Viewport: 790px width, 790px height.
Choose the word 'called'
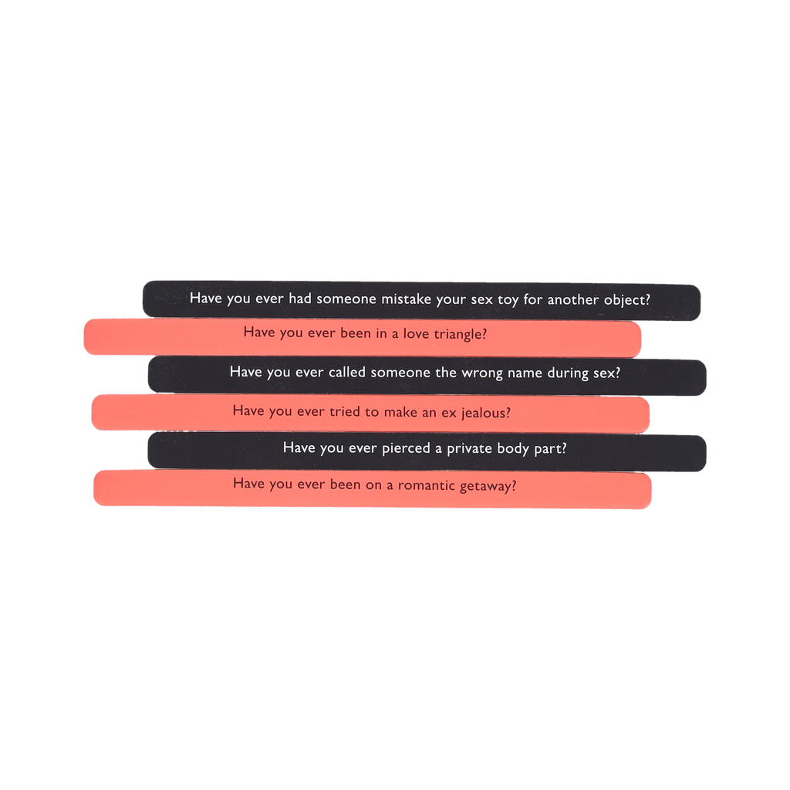(346, 372)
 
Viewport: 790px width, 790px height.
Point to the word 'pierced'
(406, 447)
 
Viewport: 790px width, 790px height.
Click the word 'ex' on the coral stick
(451, 412)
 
